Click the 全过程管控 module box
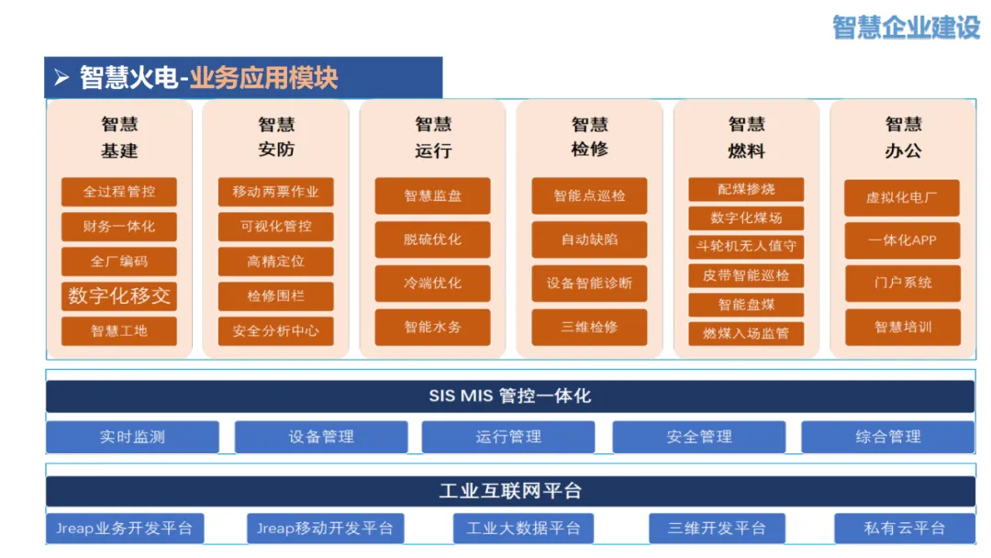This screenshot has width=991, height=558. [x=118, y=192]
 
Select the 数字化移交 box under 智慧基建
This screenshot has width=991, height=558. [x=118, y=296]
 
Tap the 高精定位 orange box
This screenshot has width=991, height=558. [x=275, y=262]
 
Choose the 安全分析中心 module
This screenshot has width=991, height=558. [x=275, y=330]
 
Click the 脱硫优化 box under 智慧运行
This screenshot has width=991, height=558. [x=432, y=240]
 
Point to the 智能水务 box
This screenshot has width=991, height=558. [x=432, y=327]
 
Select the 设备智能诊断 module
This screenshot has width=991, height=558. [x=589, y=283]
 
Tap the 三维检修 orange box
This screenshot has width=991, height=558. [x=589, y=327]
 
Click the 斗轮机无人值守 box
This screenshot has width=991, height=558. [x=746, y=246]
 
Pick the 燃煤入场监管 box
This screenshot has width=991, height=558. [x=746, y=333]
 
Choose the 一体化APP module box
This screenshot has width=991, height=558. [x=902, y=240]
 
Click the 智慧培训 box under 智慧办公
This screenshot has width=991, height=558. [x=902, y=327]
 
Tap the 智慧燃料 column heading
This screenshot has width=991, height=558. [x=746, y=137]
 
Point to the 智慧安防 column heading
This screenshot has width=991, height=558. [x=275, y=137]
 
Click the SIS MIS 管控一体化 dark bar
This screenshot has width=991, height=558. [x=510, y=396]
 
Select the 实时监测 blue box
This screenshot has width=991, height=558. [x=132, y=437]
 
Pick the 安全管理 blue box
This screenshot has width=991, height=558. [x=698, y=437]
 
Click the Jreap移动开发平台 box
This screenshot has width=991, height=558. [x=325, y=528]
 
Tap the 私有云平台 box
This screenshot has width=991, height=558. [x=904, y=528]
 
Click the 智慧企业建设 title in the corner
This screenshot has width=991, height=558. [x=906, y=27]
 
